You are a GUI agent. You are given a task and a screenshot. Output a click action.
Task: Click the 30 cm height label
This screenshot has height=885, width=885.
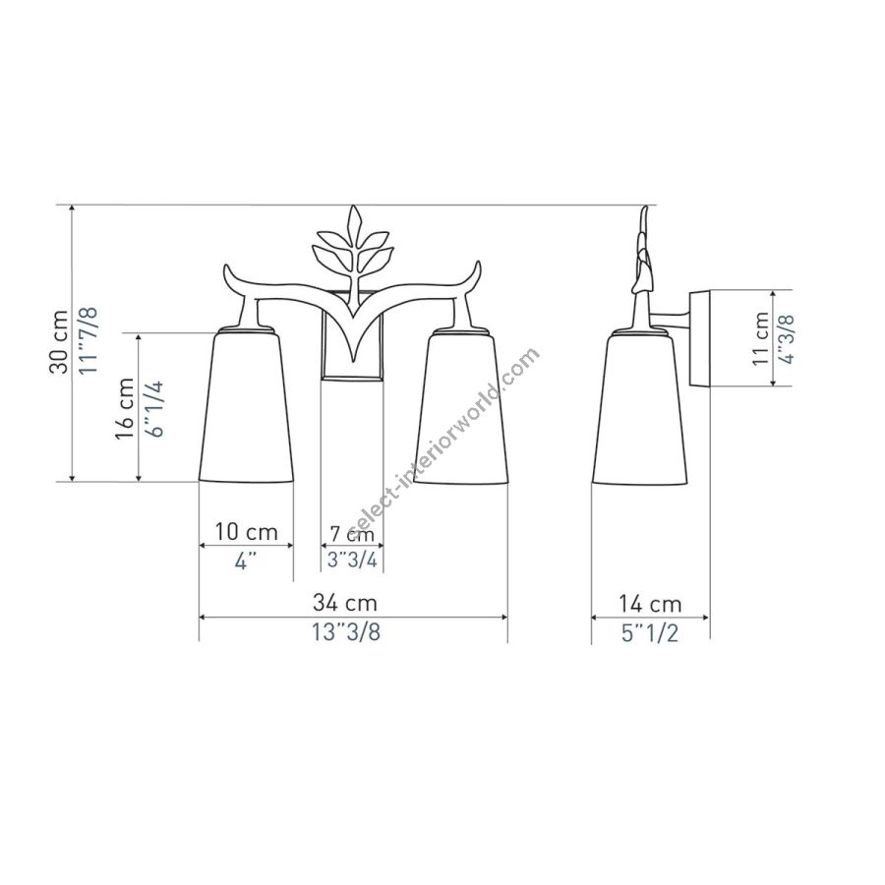coord(59,341)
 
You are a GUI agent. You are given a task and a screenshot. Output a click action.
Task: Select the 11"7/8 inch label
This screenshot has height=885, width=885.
coord(89,339)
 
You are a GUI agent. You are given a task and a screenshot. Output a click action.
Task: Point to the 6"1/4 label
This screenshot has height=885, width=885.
coord(153,409)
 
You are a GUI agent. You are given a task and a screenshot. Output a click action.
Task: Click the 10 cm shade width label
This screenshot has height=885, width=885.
coord(246,532)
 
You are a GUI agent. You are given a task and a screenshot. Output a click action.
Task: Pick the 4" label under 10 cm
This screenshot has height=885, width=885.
coord(245,561)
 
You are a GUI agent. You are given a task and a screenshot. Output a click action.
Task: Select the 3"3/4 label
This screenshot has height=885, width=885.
coord(352,560)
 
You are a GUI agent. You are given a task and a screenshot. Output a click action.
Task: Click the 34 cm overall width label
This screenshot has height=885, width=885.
coord(345,603)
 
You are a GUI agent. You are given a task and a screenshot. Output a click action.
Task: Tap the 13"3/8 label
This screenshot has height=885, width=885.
coord(346,632)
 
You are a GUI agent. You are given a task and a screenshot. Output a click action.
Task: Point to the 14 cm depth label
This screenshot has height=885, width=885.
coord(650,604)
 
